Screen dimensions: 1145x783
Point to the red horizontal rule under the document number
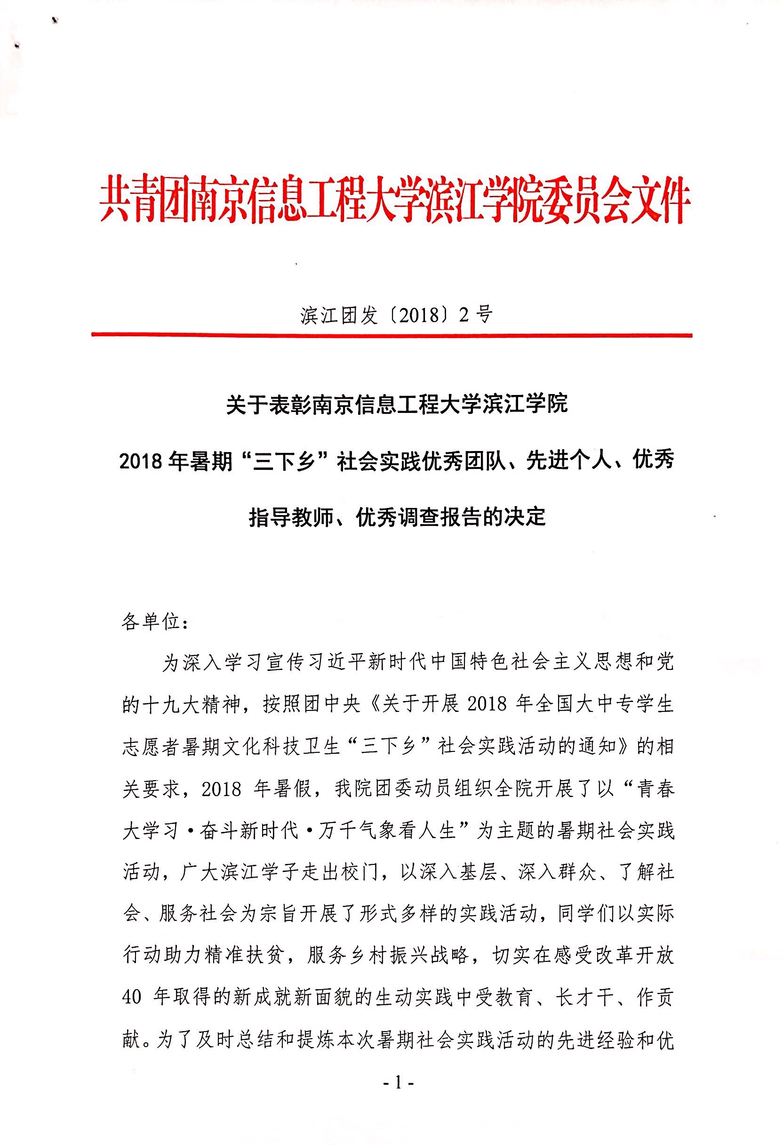click(x=391, y=335)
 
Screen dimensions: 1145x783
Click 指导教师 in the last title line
click(x=290, y=517)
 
